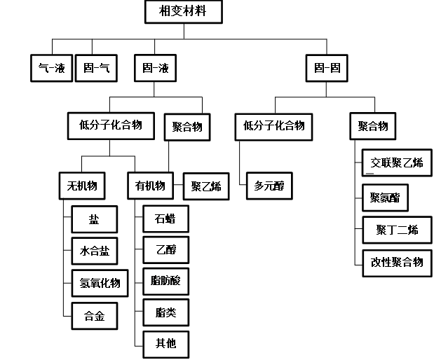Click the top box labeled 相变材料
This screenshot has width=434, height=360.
(x=183, y=12)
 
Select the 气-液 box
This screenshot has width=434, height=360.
(x=51, y=69)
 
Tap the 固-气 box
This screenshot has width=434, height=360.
(x=95, y=69)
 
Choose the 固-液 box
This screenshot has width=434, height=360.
(x=154, y=69)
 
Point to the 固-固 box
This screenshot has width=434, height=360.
(x=327, y=69)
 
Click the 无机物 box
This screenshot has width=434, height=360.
(x=82, y=186)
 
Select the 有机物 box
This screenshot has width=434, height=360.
(x=150, y=186)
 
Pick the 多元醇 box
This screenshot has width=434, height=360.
(x=269, y=186)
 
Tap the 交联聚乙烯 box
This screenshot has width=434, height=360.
(x=397, y=163)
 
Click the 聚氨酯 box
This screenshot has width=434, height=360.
(x=385, y=198)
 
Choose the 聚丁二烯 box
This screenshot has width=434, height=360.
(x=397, y=230)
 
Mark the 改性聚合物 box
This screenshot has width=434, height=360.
(x=397, y=263)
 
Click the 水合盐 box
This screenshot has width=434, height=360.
(x=95, y=251)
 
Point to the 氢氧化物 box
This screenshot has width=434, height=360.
(x=100, y=283)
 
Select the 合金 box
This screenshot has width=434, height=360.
(x=95, y=316)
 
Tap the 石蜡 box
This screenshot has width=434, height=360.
(x=165, y=219)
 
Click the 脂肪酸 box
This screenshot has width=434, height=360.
(x=165, y=282)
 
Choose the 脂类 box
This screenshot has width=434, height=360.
(x=165, y=312)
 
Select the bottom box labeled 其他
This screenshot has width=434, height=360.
(x=165, y=344)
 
